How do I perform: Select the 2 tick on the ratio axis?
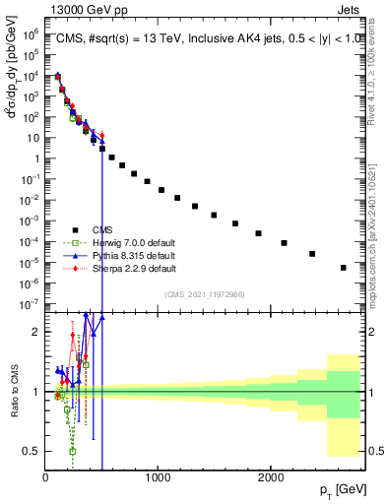[36, 332]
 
